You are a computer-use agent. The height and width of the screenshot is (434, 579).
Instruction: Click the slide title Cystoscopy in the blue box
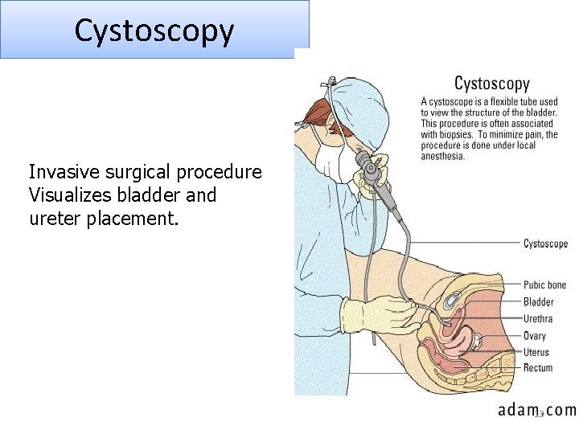154,31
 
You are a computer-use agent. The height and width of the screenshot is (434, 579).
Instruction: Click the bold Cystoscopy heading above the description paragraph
492,84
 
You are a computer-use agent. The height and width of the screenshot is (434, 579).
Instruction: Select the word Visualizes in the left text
68,195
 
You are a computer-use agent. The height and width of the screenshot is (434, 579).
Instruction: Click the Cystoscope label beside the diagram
545,244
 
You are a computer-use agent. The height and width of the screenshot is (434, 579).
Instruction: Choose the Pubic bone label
544,285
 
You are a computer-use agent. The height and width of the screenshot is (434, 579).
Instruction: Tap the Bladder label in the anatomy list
538,302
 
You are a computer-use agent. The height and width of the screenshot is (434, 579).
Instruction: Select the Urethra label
538,319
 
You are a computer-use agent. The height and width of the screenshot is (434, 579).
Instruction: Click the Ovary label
535,336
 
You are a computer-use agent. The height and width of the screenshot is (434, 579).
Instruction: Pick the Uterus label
536,352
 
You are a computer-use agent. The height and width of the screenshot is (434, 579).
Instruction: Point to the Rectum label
538,368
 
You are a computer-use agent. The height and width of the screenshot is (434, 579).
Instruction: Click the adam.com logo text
536,410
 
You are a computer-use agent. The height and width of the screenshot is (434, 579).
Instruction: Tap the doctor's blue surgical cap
359,104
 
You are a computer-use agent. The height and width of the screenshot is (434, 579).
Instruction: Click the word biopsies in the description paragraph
458,134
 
